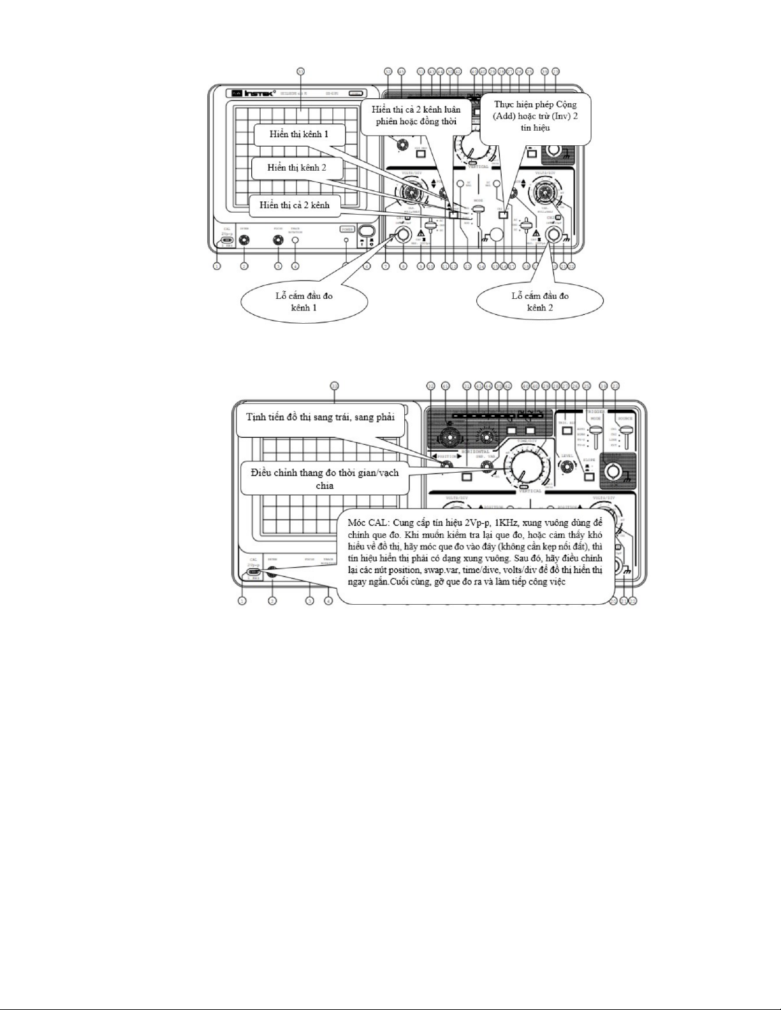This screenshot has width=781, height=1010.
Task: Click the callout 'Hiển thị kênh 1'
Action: (298, 135)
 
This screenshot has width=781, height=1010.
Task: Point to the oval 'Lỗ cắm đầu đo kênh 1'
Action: (304, 301)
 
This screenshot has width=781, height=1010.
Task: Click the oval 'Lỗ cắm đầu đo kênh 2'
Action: (539, 301)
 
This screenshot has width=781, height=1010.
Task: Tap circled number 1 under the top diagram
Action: (217, 266)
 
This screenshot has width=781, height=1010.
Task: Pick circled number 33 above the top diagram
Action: (301, 71)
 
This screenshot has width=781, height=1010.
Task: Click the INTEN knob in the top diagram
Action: (244, 240)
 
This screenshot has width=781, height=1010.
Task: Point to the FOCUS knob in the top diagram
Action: (277, 240)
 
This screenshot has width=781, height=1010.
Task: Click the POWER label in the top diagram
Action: (347, 229)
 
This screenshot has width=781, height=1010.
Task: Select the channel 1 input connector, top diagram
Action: (403, 236)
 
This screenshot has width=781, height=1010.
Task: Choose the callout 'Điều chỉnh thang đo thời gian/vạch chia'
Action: (325, 479)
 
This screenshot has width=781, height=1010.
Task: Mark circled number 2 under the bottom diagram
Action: (272, 600)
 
